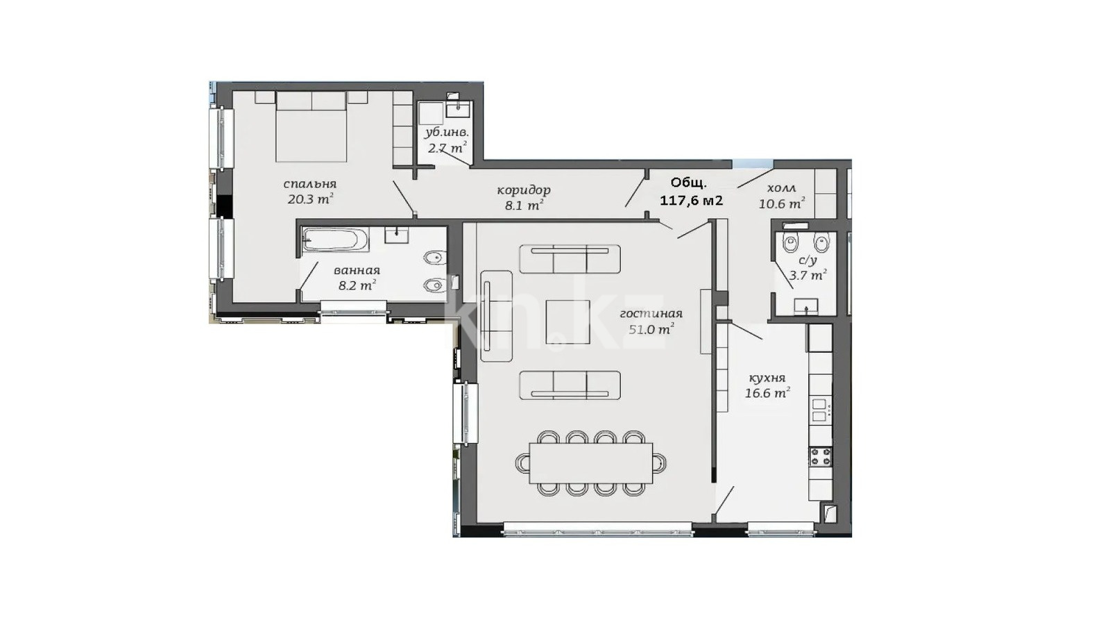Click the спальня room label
pos(309,184)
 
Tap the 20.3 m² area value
pos(309,199)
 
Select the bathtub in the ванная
pos(336,240)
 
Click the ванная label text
pos(357,270)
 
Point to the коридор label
pos(524,190)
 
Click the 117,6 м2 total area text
pos(691,201)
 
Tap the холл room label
pos(781,188)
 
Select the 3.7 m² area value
pos(808,275)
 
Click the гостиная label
pos(651,313)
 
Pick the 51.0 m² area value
pos(651,329)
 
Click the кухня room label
pos(767,378)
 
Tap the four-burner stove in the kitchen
pos(820,457)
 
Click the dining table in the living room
pos(590,463)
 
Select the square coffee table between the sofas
pos(568,322)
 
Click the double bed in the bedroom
pos(311,126)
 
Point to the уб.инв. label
pos(447,133)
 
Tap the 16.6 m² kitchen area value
pos(767,393)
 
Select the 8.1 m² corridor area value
pos(524,205)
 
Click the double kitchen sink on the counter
pos(820,410)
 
